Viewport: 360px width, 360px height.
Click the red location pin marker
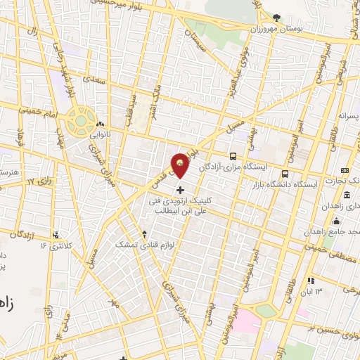click(181, 165)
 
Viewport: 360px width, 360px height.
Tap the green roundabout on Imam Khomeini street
click(81, 119)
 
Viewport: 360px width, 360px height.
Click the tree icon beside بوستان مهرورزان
click(276, 17)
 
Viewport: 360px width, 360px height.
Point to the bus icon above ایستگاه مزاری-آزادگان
click(233, 156)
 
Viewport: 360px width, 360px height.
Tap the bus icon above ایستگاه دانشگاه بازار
click(285, 173)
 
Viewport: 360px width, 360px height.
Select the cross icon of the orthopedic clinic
click(181, 189)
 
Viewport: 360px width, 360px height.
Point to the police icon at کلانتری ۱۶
click(56, 235)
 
